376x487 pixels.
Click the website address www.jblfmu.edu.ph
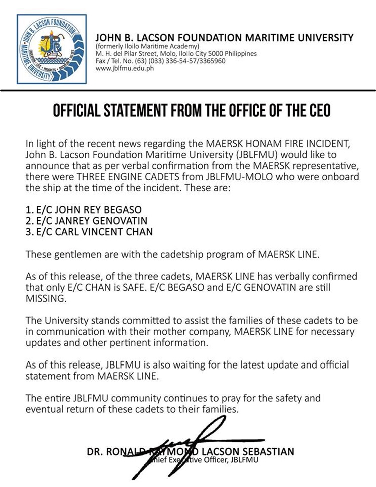click(125, 68)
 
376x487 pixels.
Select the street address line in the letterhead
click(176, 53)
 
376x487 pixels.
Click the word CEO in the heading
click(315, 110)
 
